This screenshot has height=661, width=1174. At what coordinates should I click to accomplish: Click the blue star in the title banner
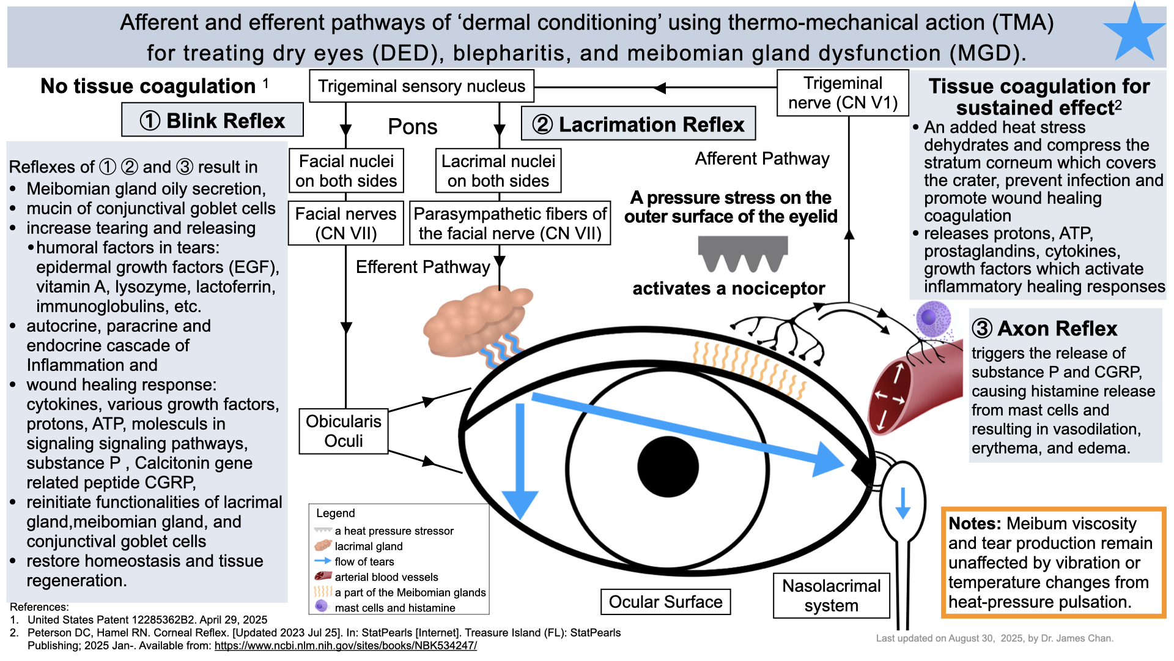(x=1134, y=34)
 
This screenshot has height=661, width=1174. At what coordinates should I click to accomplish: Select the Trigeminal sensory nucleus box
(x=421, y=86)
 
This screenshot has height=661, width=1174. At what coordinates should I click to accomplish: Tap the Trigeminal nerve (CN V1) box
(x=843, y=93)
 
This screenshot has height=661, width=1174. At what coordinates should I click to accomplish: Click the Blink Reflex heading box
(x=212, y=120)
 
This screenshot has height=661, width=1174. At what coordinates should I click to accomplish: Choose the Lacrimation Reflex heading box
(x=638, y=124)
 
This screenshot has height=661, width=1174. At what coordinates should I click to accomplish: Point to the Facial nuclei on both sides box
(x=346, y=171)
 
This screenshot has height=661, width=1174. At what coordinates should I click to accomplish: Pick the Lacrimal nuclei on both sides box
(x=498, y=171)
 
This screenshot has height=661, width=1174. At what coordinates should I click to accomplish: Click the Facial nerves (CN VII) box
(x=345, y=223)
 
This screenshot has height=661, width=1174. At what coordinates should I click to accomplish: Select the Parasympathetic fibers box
(x=510, y=223)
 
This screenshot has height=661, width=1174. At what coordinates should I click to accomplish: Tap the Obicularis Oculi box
(x=343, y=431)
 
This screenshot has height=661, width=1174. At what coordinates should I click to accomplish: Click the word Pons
(x=413, y=127)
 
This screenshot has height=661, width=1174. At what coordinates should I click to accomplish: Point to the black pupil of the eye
(x=668, y=466)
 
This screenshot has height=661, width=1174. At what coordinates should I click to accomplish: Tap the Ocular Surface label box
(x=665, y=602)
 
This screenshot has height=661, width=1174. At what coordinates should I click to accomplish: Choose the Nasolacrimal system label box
(x=831, y=596)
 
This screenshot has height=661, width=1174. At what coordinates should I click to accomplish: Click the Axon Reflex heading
(x=1045, y=329)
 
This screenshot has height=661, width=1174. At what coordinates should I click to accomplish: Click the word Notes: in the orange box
(x=975, y=524)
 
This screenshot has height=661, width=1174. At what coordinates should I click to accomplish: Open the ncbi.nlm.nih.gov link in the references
(x=345, y=646)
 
